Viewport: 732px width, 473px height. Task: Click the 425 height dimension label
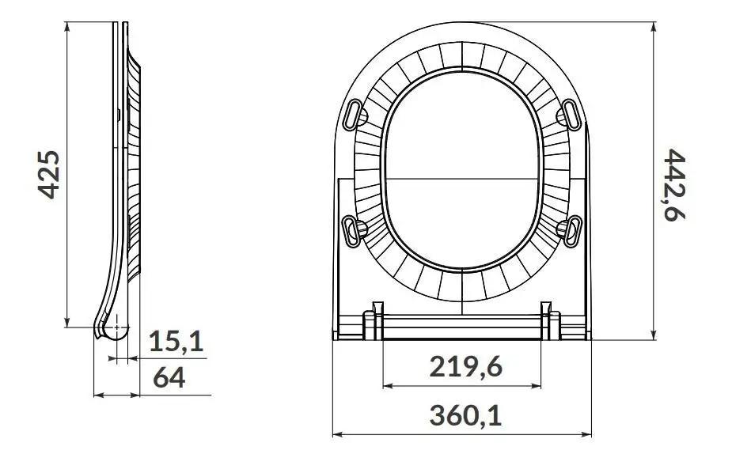point(48,175)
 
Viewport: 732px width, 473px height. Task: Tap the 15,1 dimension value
point(176,341)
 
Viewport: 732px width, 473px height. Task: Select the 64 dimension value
point(169,377)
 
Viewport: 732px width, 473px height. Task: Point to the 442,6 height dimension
point(674,185)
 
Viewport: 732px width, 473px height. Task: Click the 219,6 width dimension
point(465,366)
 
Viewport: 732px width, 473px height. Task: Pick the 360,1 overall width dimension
point(465,415)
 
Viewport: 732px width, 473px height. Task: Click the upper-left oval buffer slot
point(354,114)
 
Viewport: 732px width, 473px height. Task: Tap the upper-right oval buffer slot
point(571,115)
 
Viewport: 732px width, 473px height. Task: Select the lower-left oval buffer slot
point(352,232)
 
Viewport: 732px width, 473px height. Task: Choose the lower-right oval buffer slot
point(572,232)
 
